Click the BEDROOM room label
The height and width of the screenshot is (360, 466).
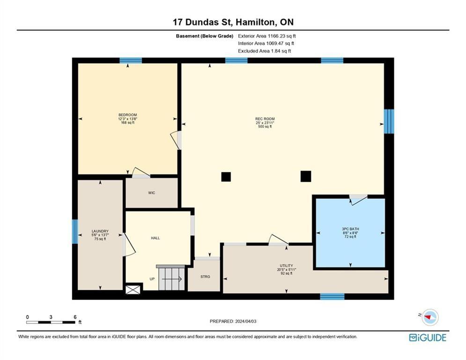tap(127, 115)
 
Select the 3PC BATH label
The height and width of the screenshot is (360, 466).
tap(350, 229)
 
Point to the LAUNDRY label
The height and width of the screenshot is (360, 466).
tap(100, 231)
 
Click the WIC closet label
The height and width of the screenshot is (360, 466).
tap(151, 193)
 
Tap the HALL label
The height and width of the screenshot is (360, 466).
tap(155, 238)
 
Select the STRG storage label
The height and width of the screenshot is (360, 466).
tap(205, 277)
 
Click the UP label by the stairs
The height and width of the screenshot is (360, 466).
tap(152, 279)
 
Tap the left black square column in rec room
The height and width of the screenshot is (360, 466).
tap(226, 177)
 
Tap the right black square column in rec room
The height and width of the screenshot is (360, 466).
tap(306, 176)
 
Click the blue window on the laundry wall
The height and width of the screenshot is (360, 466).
tap(74, 232)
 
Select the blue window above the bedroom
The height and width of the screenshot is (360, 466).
tap(131, 60)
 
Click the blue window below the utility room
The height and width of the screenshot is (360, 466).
tap(332, 296)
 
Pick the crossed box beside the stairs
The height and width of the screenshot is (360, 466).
tap(133, 290)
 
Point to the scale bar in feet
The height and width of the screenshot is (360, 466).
tap(51, 322)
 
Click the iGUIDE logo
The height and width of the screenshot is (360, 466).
tap(427, 337)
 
